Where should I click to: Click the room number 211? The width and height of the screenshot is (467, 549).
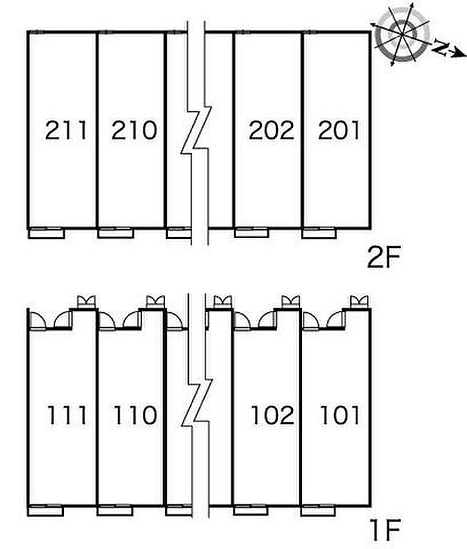point(66,130)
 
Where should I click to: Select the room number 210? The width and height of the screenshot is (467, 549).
point(134,130)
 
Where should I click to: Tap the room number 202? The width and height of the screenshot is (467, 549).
point(272,130)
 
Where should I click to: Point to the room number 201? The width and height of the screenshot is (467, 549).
point(338,130)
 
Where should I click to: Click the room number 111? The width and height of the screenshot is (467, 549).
point(67,415)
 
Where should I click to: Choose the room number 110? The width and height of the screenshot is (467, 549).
point(135,415)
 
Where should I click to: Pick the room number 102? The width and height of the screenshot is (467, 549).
point(272,415)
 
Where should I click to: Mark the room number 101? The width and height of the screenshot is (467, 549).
point(340,415)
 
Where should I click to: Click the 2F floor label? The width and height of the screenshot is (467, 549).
point(384,257)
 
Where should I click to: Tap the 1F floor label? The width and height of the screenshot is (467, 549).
point(385,531)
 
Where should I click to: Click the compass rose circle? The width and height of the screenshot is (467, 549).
point(402,34)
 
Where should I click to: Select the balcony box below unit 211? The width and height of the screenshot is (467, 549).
point(46,233)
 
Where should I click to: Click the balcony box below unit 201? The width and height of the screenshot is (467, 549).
point(319,233)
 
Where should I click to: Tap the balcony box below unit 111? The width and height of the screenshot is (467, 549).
point(45,510)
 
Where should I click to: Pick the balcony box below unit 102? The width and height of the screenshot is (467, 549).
point(251,510)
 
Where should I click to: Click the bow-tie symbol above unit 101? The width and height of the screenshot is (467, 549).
point(360,302)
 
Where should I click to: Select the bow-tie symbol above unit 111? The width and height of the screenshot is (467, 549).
point(86,302)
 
